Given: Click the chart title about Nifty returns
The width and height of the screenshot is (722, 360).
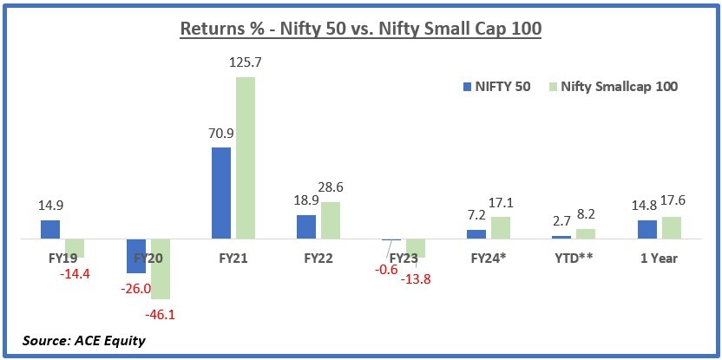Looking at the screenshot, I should tap(360, 29).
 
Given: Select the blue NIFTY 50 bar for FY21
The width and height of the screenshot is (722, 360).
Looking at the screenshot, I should tap(221, 193).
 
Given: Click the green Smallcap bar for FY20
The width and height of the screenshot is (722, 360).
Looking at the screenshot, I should tap(161, 269).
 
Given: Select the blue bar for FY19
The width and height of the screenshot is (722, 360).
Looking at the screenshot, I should tap(50, 229).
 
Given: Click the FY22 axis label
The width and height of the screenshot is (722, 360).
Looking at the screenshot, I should tap(319, 258).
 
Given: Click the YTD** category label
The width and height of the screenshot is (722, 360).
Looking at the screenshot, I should tap(573, 258).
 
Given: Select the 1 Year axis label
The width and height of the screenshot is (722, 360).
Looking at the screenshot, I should tap(659, 258).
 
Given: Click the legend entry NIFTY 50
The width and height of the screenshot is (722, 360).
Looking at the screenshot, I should tap(498, 86).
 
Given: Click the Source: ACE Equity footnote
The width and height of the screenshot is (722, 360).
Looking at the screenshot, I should tap(72, 340).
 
